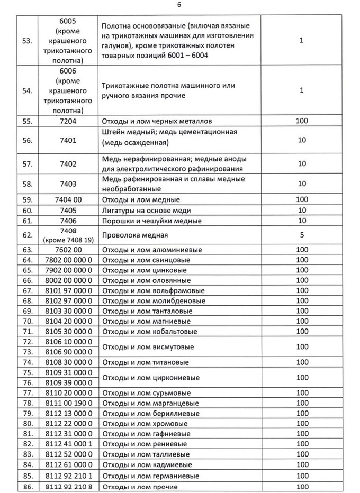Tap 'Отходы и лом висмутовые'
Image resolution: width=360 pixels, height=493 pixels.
pyautogui.click(x=147, y=347)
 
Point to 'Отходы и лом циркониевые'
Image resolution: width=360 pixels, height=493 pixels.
pyautogui.click(x=150, y=378)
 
